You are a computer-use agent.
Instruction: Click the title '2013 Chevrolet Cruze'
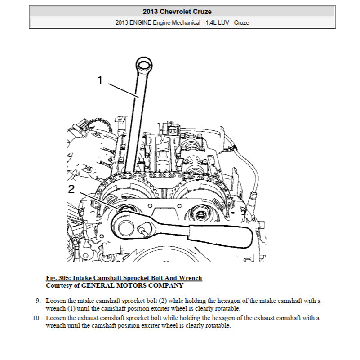182,11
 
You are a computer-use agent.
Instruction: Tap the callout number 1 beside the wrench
100,80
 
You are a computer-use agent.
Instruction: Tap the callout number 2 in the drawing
71,189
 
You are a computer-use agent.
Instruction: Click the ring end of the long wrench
144,65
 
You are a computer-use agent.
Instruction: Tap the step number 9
38,300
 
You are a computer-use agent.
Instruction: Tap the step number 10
36,318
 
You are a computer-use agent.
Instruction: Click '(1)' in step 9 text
72,308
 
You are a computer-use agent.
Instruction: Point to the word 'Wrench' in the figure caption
191,278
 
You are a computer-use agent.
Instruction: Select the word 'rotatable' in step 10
216,325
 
